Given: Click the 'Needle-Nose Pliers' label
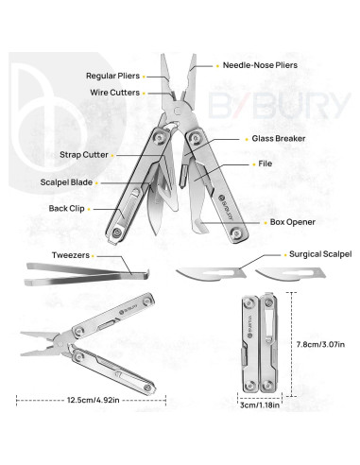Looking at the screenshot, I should click(259, 66).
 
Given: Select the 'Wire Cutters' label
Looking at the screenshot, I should click(115, 93).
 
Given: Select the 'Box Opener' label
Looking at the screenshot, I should click(266, 222).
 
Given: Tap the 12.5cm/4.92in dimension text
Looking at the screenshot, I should click(92, 401).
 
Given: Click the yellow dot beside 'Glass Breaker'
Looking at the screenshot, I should click(240, 139).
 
